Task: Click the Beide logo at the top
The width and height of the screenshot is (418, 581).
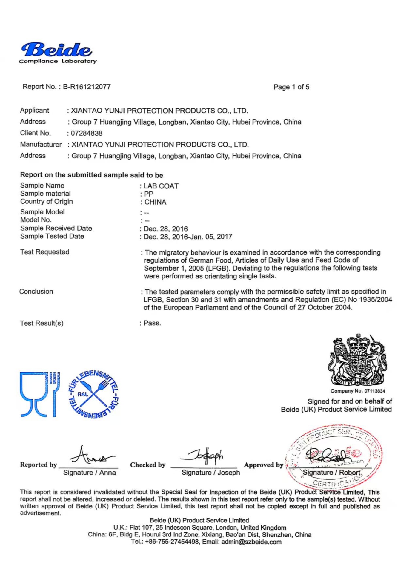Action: point(57,51)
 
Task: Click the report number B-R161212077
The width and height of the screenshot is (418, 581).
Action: point(87,87)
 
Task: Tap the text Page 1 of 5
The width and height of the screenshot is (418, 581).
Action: point(291,87)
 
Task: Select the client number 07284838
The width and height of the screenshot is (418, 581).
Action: point(87,133)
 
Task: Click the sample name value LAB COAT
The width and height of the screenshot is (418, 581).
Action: point(161,186)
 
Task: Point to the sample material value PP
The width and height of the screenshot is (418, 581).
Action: point(149,194)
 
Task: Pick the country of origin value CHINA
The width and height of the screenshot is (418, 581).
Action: point(155,202)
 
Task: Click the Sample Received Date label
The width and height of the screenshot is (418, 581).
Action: point(56,228)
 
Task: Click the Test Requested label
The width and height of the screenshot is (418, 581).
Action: point(45,252)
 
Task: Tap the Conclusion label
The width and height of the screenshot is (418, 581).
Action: point(36,292)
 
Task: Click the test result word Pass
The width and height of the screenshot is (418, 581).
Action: point(152,323)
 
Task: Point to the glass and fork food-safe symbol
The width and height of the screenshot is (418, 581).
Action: point(39,394)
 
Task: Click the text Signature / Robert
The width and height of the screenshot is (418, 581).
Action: point(331,473)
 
